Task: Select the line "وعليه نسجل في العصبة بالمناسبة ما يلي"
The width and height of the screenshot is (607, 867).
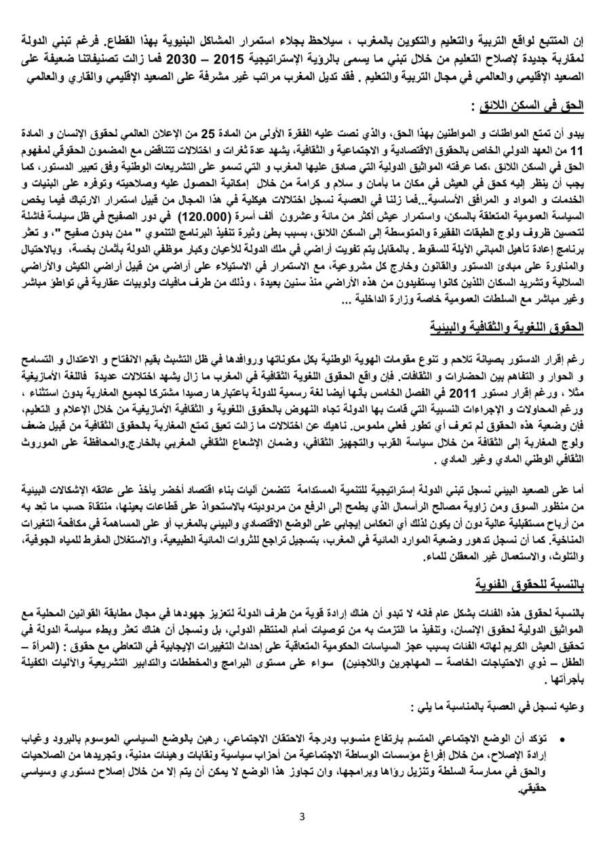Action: pos(500,704)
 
